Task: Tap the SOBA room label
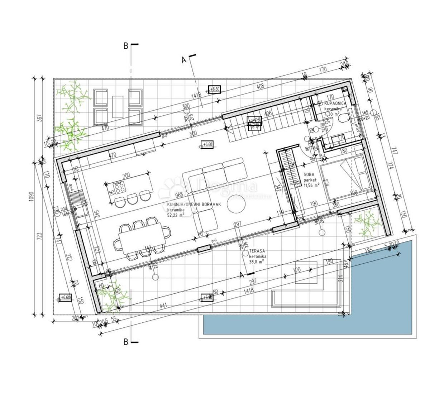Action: coord(309,175)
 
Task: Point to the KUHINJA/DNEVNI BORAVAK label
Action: coord(194,205)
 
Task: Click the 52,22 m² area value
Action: coord(176,215)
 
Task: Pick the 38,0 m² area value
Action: coord(257,262)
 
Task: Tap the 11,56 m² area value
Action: coord(311,186)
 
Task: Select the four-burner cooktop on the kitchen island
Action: coord(119,187)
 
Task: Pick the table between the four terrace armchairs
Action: coord(118,106)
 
